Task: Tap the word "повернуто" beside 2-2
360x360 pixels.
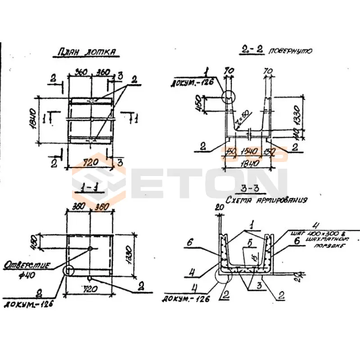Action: tap(290, 51)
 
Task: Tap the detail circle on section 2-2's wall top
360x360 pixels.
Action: tap(229, 95)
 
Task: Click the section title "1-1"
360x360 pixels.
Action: tap(90, 189)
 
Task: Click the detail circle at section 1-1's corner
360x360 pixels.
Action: tap(68, 270)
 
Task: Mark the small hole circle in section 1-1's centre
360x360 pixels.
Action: tap(90, 248)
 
